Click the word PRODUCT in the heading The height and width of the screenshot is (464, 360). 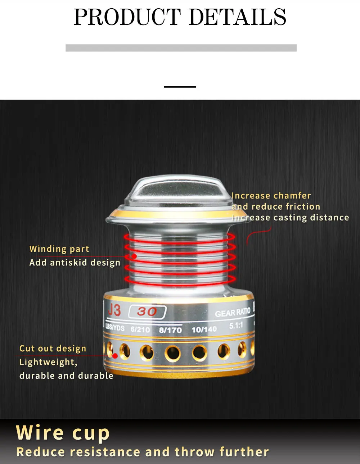pyautogui.click(x=127, y=17)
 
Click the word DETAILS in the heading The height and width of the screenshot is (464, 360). pyautogui.click(x=237, y=17)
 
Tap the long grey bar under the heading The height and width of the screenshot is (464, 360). pyautogui.click(x=181, y=48)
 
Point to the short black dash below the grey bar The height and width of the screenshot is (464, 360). pyautogui.click(x=180, y=87)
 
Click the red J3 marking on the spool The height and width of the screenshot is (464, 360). pyautogui.click(x=114, y=310)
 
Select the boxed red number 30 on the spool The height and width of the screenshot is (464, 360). pyautogui.click(x=147, y=312)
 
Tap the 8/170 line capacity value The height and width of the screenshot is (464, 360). pyautogui.click(x=171, y=330)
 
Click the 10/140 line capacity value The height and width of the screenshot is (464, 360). pyautogui.click(x=204, y=329)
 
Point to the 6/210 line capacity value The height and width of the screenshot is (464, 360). pyautogui.click(x=140, y=329)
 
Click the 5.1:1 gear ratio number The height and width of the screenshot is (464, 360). pyautogui.click(x=236, y=326)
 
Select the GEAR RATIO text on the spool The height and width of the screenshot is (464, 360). pyautogui.click(x=233, y=313)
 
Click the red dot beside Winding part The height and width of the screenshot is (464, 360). pyautogui.click(x=134, y=256)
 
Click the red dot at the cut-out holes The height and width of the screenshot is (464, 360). pyautogui.click(x=115, y=356)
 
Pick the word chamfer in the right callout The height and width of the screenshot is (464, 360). pyautogui.click(x=292, y=196)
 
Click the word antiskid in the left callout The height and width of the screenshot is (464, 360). pyautogui.click(x=69, y=263)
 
